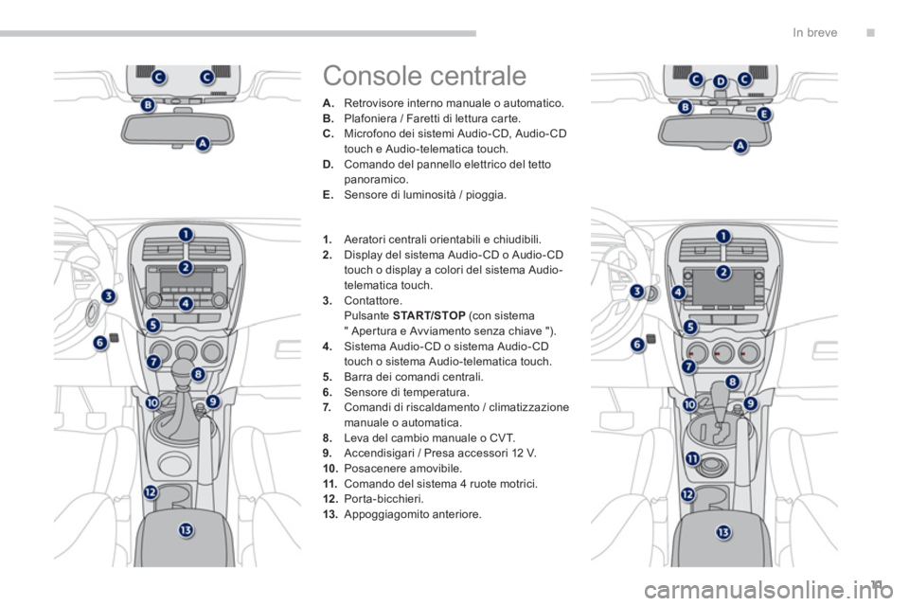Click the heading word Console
[372, 76]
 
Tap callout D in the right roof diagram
[720, 81]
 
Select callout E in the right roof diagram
[764, 115]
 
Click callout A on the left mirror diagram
[203, 143]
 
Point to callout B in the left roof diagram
[149, 105]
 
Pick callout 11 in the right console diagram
[693, 458]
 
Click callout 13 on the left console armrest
[186, 529]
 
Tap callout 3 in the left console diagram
[108, 296]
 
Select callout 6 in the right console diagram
[637, 345]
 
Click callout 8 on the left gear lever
[198, 374]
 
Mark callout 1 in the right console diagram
[722, 236]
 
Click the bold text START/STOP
[429, 316]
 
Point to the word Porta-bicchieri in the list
[383, 499]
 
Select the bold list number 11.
[330, 484]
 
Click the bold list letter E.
[329, 195]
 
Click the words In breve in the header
[814, 33]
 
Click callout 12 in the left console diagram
[151, 492]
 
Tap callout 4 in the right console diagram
[678, 293]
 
